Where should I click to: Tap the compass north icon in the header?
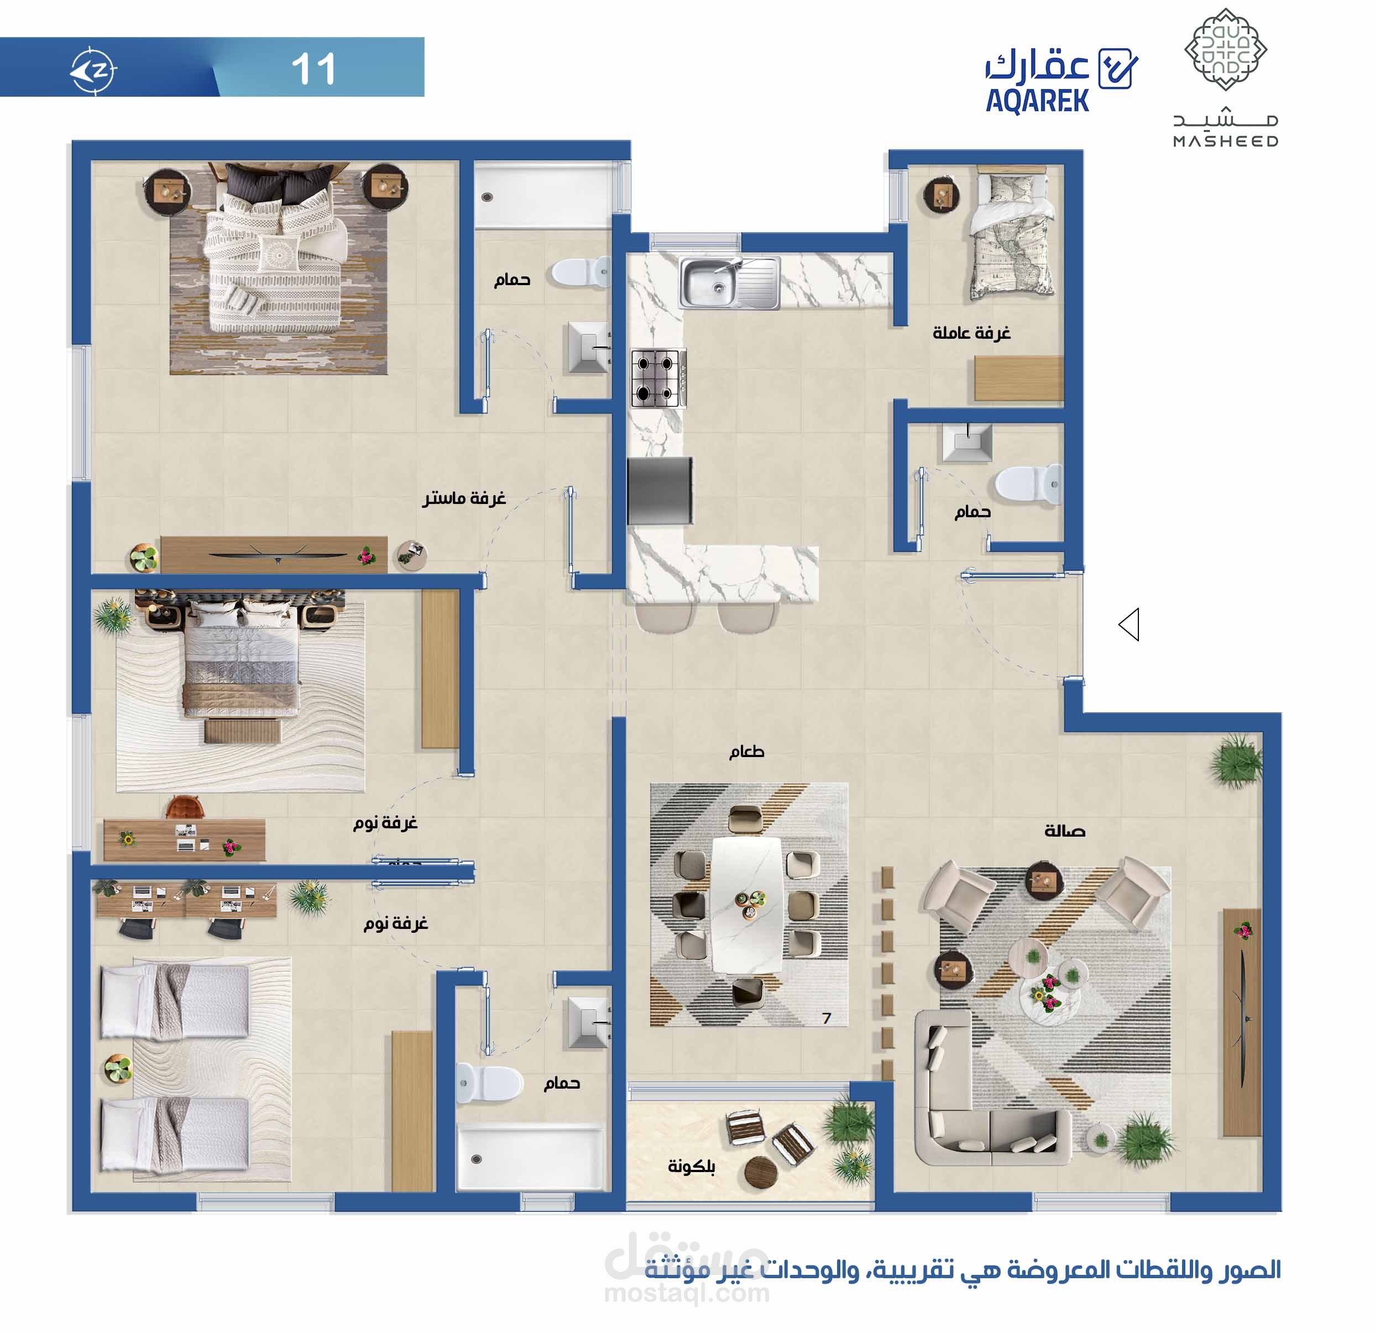tap(93, 70)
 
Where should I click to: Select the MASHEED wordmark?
tap(1226, 141)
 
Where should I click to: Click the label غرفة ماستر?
tap(464, 498)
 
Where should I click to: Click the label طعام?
tap(746, 752)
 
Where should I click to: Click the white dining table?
tap(746, 905)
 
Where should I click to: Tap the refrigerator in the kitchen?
tap(660, 490)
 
